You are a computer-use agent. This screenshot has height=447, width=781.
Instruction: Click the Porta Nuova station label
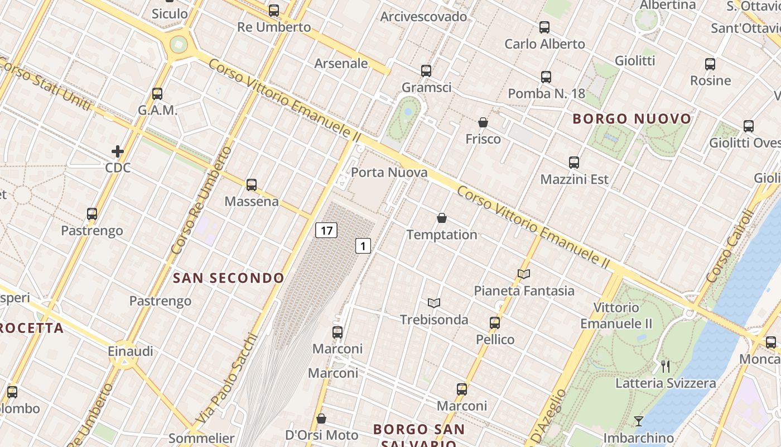(x=389, y=173)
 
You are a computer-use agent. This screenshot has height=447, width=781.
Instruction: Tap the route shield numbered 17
(x=326, y=230)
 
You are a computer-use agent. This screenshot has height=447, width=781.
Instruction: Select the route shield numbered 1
(x=363, y=245)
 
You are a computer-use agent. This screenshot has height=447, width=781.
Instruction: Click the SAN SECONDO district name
(x=229, y=278)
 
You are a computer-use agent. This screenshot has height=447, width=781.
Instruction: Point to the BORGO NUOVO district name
(x=632, y=118)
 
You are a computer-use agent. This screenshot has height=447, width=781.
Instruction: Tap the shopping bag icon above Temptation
(x=442, y=218)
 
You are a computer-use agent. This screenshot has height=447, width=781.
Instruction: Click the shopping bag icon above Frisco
(x=483, y=122)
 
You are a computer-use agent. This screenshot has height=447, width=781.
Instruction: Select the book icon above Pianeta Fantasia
(x=523, y=274)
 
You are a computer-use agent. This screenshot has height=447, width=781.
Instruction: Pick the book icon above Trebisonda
(x=434, y=303)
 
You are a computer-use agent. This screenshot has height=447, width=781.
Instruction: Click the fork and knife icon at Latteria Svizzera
(x=665, y=367)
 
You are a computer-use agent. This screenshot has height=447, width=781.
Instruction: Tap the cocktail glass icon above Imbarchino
(x=639, y=421)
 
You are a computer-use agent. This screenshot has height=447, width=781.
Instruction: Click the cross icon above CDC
(x=118, y=151)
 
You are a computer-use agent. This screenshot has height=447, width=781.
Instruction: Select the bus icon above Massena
(x=252, y=184)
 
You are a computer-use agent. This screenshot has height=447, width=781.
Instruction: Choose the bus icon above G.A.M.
(x=157, y=93)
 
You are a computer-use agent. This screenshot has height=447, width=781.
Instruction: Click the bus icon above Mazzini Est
(x=574, y=163)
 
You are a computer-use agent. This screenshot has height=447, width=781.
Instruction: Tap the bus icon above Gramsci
(x=426, y=71)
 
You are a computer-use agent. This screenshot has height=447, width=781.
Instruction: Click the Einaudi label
(x=131, y=351)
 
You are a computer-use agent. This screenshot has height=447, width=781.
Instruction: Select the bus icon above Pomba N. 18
(x=546, y=77)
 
